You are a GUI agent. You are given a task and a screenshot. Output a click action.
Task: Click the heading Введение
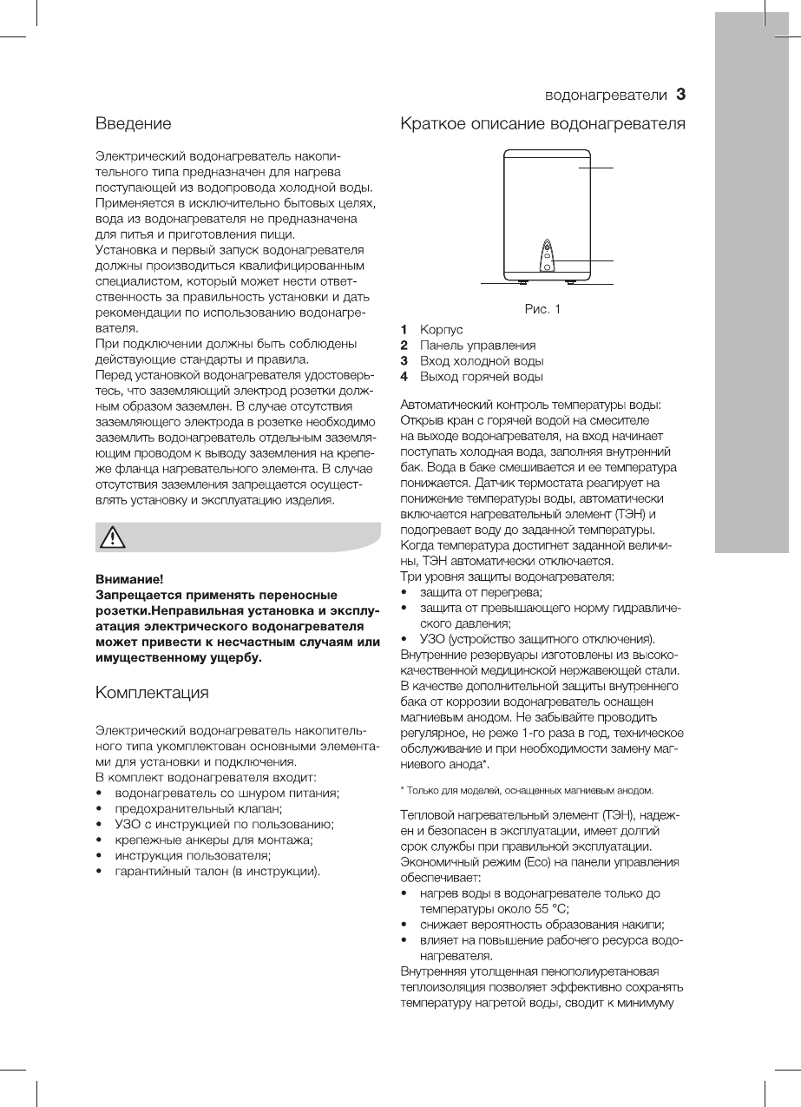tap(133, 124)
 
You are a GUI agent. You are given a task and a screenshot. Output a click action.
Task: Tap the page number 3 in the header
tap(681, 93)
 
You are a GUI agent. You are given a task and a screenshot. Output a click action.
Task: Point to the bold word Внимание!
tap(128, 578)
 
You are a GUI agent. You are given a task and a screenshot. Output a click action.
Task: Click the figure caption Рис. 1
tap(542, 308)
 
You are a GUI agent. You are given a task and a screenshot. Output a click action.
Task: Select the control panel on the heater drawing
tap(548, 257)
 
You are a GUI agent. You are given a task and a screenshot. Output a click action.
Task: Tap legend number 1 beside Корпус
tap(404, 330)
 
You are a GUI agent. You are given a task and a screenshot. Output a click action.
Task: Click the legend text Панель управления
tap(477, 346)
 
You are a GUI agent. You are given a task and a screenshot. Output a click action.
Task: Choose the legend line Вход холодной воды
tap(482, 361)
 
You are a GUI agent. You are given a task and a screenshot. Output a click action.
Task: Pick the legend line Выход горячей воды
tap(482, 377)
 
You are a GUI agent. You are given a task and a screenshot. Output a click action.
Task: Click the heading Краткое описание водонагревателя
tap(542, 124)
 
